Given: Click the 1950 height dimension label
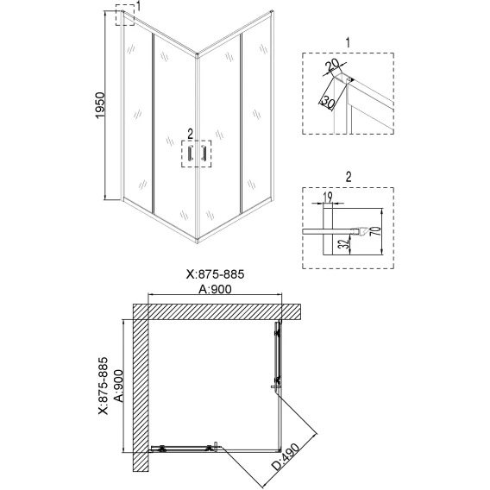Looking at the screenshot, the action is pos(100,105).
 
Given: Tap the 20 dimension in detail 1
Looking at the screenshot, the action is pos(332,65).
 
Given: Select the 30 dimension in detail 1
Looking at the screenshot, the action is pos(328,102).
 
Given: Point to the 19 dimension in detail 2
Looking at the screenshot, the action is pos(328,197).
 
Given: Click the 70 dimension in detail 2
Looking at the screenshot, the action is pos(377,231).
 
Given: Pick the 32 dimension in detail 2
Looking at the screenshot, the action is pos(342,244).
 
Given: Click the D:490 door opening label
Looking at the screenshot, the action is pos(285,456).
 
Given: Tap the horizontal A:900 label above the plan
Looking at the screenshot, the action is pos(216,289).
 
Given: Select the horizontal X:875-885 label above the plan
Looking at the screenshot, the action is pos(216,274).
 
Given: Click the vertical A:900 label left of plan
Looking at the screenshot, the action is pos(119,386).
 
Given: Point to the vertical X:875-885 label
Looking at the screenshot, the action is pos(104,386).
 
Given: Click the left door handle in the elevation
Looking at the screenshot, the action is pos(190,154).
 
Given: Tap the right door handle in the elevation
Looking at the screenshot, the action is pos(204,154).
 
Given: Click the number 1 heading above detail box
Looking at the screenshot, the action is pos(349,43).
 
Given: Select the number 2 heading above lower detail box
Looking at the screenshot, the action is pos(349,177).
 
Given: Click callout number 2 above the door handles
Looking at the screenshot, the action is pos(191,135).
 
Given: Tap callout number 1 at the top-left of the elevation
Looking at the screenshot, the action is pos(138,6).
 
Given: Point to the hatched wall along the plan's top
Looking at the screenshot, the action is pos(217,311).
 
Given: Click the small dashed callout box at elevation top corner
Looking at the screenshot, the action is pos(125,15).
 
